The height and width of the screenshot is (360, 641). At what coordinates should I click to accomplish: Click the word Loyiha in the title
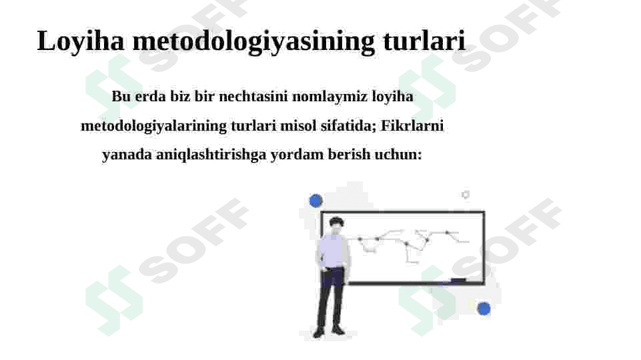(x=81, y=41)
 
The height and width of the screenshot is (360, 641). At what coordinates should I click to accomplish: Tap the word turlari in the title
(x=424, y=41)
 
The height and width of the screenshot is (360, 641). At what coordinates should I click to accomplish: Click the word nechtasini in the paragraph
(x=253, y=97)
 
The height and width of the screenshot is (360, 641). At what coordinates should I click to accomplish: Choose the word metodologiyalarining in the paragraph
(x=153, y=126)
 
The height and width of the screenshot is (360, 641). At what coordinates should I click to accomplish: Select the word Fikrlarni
(x=412, y=125)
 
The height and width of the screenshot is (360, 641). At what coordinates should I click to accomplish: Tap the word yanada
(x=127, y=155)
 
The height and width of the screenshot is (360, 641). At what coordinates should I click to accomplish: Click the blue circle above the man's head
(x=315, y=201)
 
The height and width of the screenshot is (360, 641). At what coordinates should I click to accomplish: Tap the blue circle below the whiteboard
(x=484, y=309)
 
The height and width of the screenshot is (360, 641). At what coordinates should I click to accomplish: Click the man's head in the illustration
(x=336, y=226)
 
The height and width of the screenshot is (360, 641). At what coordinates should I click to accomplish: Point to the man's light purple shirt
(x=333, y=251)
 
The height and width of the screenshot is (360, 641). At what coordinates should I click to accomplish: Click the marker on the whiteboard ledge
(x=458, y=280)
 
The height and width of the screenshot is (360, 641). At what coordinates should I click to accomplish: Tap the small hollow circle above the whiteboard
(x=465, y=195)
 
